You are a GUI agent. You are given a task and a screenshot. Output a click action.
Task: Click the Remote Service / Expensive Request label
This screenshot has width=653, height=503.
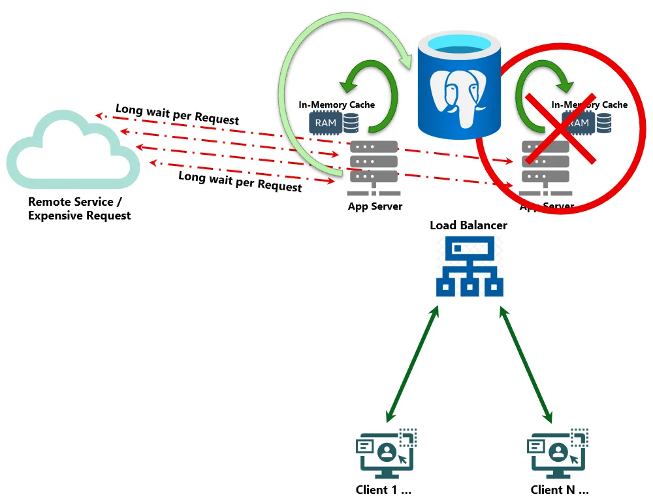coord(79,209)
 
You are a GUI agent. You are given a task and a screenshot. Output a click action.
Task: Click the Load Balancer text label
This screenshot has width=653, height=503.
coord(468,225)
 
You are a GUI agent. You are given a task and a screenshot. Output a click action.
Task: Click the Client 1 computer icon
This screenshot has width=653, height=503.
coord(387,453)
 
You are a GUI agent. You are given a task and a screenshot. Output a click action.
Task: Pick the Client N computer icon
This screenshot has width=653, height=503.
coord(558,453)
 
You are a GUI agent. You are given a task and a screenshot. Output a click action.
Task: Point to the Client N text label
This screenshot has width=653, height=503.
coord(560,489)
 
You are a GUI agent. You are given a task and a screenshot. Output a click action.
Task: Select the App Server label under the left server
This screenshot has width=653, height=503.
coord(375,206)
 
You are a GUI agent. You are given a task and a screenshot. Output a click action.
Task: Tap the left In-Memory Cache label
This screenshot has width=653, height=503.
coord(336,105)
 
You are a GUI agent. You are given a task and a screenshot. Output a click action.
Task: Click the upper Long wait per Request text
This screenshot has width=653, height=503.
coord(177,114)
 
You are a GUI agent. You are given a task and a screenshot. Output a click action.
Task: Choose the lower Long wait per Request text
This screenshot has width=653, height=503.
coord(240,181)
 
